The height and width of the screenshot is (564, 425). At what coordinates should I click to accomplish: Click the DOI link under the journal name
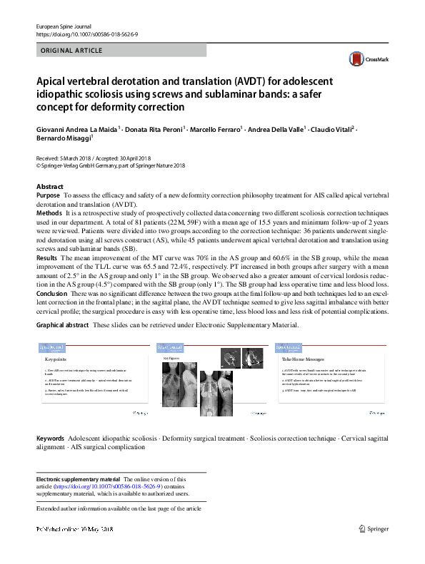click(88, 34)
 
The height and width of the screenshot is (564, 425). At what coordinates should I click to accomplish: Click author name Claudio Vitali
click(333, 129)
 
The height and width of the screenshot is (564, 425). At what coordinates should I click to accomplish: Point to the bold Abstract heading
click(49, 186)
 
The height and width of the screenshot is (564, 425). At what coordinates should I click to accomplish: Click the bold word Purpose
click(48, 195)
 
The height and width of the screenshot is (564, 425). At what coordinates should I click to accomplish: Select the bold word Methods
click(49, 213)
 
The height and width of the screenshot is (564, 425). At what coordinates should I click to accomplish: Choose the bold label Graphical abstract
click(63, 325)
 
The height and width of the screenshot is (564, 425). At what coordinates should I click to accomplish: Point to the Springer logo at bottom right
click(374, 528)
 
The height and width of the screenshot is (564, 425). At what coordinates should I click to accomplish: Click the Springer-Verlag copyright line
click(111, 165)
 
